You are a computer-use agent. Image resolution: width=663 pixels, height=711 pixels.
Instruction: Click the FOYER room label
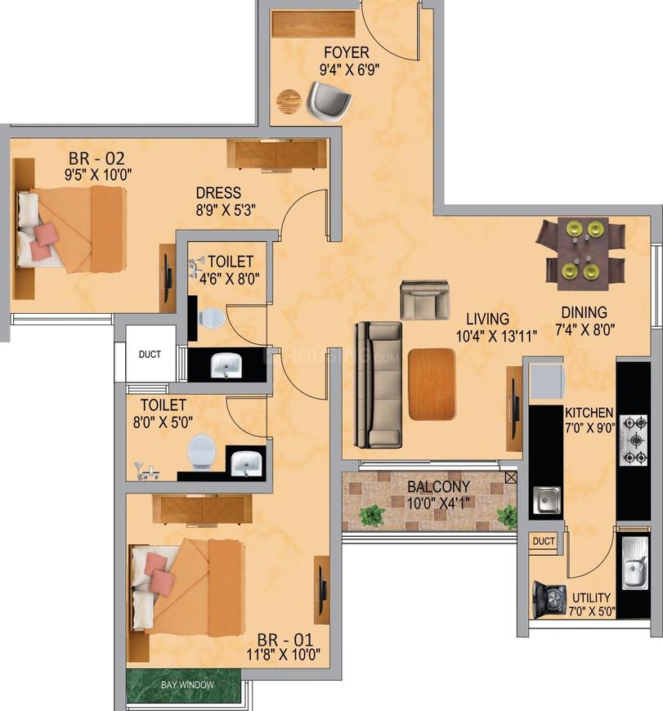(x=347, y=52)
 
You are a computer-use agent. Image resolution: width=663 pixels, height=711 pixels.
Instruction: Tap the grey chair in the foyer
(x=329, y=101)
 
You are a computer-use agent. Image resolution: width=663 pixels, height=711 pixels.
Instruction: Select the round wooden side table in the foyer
(x=289, y=101)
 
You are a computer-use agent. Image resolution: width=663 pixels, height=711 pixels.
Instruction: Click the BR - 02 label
(x=96, y=159)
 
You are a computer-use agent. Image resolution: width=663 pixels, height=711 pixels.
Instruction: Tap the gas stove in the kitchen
(x=634, y=440)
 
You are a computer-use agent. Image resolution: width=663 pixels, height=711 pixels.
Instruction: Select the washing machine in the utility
(x=549, y=600)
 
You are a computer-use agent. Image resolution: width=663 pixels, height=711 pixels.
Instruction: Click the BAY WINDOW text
(x=187, y=685)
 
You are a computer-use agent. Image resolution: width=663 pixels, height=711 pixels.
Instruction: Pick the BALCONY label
(x=438, y=486)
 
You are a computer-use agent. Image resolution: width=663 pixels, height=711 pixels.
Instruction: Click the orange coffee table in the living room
(x=432, y=384)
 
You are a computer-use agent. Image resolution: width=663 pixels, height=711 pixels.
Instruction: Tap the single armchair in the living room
(x=425, y=300)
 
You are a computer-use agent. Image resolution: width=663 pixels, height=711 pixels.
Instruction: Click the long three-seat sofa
(x=379, y=385)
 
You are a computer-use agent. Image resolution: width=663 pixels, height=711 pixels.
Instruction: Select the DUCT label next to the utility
(x=544, y=541)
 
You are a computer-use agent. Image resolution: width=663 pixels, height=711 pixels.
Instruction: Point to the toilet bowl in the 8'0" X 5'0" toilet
(x=201, y=452)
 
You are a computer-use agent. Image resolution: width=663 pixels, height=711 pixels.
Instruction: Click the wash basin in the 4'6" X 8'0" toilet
(x=226, y=365)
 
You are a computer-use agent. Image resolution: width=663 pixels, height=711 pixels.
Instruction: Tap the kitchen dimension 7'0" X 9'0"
(x=589, y=427)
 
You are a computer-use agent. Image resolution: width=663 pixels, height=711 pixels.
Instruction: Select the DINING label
(x=584, y=312)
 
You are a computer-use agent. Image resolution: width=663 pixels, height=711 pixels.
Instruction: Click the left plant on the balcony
(x=372, y=516)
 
